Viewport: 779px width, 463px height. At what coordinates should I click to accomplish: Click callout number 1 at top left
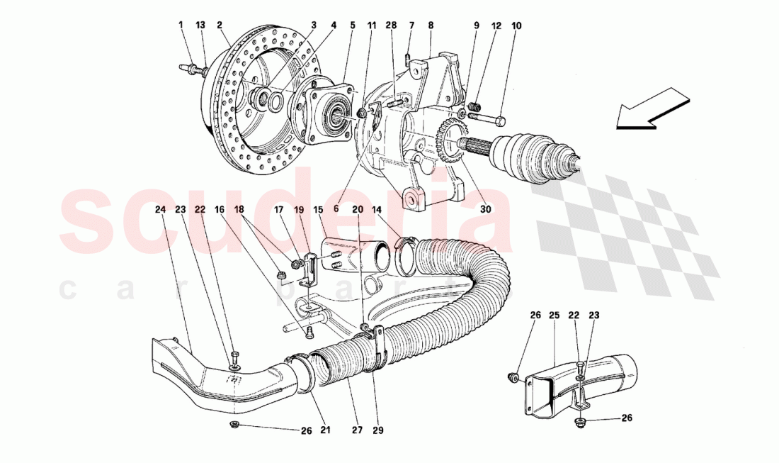(x=181, y=25)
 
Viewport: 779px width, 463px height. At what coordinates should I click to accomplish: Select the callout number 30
(x=485, y=209)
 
